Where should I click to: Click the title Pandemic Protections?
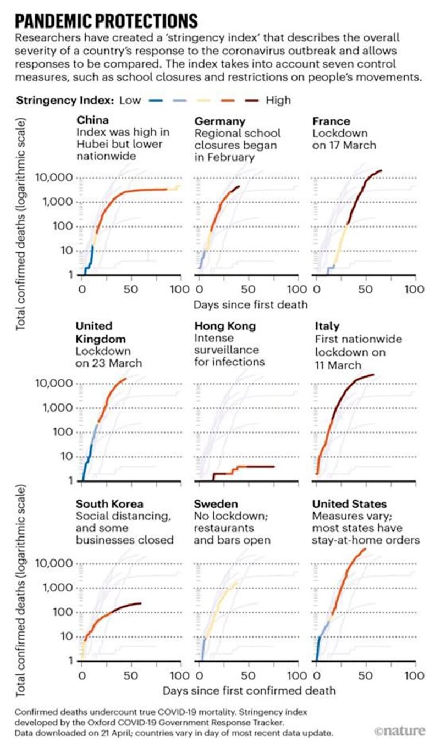106,21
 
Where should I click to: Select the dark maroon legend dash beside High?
252,101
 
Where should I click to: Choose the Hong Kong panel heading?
224,326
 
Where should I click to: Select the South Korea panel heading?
109,504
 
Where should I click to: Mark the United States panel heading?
349,504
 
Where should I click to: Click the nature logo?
399,731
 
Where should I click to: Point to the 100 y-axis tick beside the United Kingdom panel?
62,432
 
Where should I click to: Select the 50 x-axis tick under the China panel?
131,289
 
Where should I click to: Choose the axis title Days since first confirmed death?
249,689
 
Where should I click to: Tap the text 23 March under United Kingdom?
117,363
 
